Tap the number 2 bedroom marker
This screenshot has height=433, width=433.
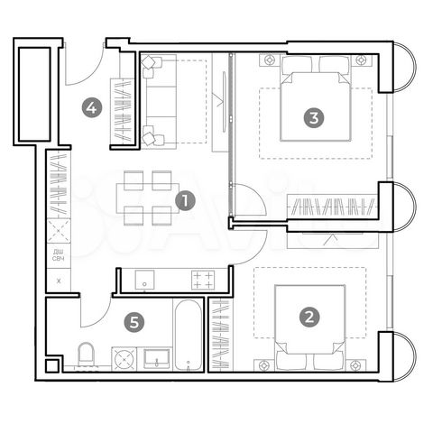pyautogui.click(x=309, y=317)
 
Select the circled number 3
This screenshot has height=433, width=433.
pyautogui.click(x=312, y=116)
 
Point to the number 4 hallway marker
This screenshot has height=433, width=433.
pyautogui.click(x=90, y=108)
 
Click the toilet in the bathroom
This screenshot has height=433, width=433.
pyautogui.click(x=88, y=355)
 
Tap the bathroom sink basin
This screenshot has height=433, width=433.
pyautogui.click(x=157, y=358)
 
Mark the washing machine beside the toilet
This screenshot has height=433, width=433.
pyautogui.click(x=124, y=358)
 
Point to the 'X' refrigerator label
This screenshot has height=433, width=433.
pyautogui.click(x=59, y=281)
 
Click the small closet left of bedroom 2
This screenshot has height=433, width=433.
pyautogui.click(x=219, y=334)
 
